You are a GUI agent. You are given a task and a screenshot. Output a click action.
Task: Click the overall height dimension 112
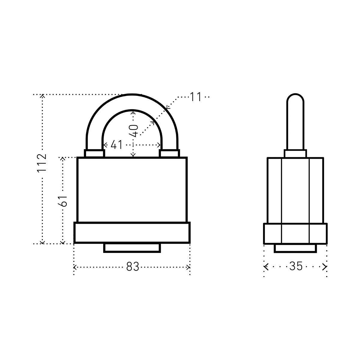tap(42, 163)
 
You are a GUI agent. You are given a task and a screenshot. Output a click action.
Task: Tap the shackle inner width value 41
tap(116, 145)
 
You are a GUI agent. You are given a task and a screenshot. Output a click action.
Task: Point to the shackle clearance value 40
tap(133, 131)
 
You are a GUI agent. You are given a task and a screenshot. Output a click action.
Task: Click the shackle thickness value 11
tap(196, 97)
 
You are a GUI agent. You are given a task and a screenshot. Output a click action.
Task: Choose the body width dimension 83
tap(133, 267)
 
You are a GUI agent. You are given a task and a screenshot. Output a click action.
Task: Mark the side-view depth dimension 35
tap(296, 266)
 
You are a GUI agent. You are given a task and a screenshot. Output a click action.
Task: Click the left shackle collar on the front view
tap(94, 153)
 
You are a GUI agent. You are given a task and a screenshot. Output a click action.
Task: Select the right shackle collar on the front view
tap(169, 153)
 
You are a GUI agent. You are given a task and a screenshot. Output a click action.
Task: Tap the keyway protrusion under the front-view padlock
tap(132, 248)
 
